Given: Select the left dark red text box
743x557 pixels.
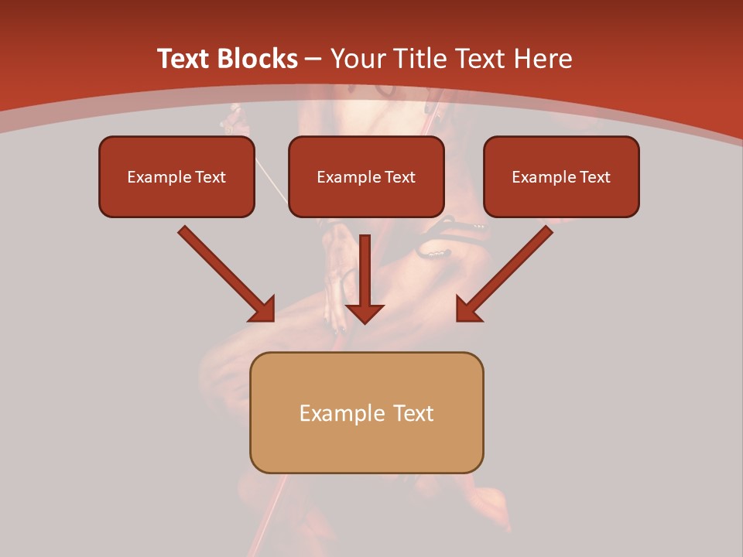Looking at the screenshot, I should [176, 176].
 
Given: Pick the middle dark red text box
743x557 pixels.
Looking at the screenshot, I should [366, 176].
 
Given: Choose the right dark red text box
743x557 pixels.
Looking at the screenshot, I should [561, 176].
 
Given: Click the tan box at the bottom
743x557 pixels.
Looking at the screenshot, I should [366, 412].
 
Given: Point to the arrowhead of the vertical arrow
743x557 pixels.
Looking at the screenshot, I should [365, 313].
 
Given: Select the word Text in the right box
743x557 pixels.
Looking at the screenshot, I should [594, 177].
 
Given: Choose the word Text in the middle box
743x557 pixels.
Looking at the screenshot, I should [399, 177].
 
